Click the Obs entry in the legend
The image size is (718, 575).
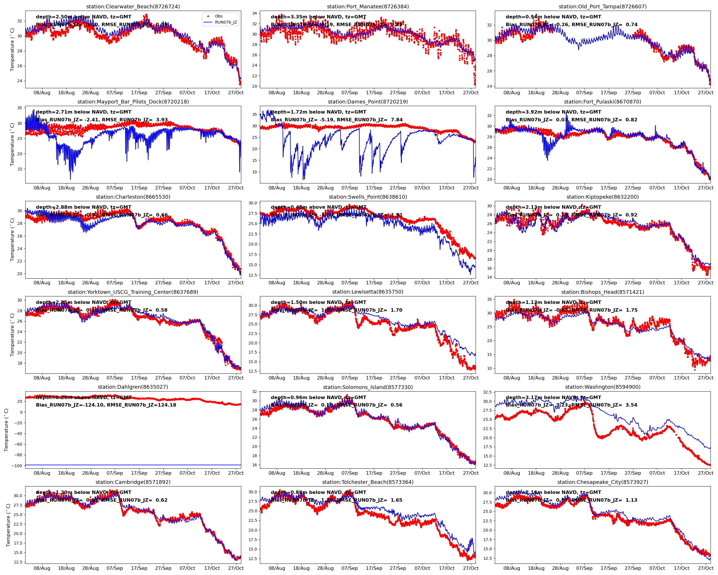pyautogui.click(x=219, y=16)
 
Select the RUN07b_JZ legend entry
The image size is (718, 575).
pyautogui.click(x=226, y=22)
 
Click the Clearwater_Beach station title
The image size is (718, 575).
pyautogui.click(x=133, y=6)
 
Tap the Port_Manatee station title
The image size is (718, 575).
pyautogui.click(x=368, y=6)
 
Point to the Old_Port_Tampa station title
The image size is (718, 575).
pyautogui.click(x=603, y=6)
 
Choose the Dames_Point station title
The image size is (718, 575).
pyautogui.click(x=368, y=102)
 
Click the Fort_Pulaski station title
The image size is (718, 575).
pyautogui.click(x=603, y=102)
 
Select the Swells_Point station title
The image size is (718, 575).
pyautogui.click(x=368, y=197)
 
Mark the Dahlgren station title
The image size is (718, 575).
pyautogui.click(x=133, y=387)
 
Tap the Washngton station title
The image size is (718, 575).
pyautogui.click(x=603, y=387)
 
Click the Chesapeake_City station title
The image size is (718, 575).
pyautogui.click(x=603, y=482)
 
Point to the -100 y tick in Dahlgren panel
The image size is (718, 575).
pyautogui.click(x=17, y=466)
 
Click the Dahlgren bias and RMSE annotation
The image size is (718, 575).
pyautogui.click(x=106, y=405)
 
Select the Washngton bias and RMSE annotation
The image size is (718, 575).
pyautogui.click(x=572, y=405)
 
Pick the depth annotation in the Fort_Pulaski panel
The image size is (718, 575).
pyautogui.click(x=553, y=112)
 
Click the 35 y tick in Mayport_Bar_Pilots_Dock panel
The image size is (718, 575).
pyautogui.click(x=20, y=108)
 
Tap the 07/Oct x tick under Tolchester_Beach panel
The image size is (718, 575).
pyautogui.click(x=422, y=568)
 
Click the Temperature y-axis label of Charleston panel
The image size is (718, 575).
pyautogui.click(x=12, y=240)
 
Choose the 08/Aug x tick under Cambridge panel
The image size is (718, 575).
pyautogui.click(x=42, y=568)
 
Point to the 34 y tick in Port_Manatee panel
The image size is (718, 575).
pyautogui.click(x=254, y=13)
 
